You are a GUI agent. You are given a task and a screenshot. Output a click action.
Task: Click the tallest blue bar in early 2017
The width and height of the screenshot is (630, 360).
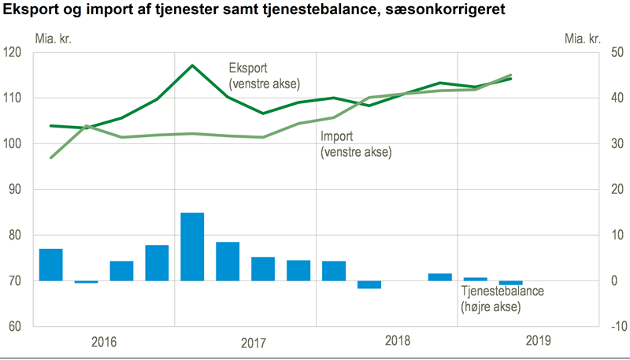pyautogui.click(x=192, y=247)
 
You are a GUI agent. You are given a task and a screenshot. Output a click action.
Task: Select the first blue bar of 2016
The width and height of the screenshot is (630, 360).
pyautogui.click(x=50, y=265)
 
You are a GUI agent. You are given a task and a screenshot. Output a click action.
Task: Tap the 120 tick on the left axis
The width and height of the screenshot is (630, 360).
pyautogui.click(x=15, y=52)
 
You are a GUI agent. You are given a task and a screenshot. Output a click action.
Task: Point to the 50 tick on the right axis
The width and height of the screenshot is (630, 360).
pyautogui.click(x=613, y=52)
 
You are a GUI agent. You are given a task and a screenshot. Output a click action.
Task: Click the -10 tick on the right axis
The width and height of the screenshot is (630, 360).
pyautogui.click(x=613, y=327)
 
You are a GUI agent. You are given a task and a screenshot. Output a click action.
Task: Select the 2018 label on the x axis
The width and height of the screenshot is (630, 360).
pyautogui.click(x=398, y=342)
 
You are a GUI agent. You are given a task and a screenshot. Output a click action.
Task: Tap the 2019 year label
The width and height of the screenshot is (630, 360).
pyautogui.click(x=539, y=342)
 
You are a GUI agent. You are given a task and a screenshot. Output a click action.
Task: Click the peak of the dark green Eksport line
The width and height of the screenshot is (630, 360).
pyautogui.click(x=192, y=65)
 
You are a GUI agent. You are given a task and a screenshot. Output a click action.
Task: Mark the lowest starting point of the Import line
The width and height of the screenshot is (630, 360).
pyautogui.click(x=51, y=158)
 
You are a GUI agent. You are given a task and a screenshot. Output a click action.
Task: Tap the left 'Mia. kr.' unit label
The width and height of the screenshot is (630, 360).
pyautogui.click(x=52, y=37)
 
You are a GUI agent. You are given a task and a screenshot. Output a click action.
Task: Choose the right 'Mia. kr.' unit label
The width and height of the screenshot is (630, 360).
pyautogui.click(x=583, y=37)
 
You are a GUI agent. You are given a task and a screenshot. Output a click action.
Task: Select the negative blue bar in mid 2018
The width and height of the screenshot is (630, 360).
pyautogui.click(x=369, y=284)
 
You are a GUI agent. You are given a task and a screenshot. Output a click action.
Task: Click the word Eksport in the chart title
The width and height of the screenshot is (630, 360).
pyautogui.click(x=29, y=11)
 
